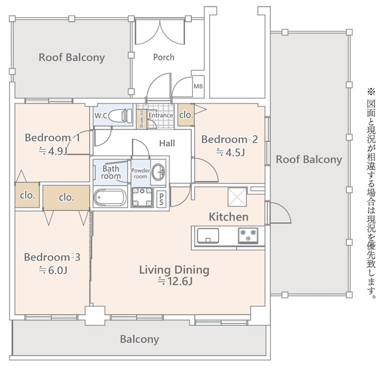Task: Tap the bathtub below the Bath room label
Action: [110, 197]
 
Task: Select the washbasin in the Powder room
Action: [158, 172]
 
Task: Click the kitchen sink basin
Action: [208, 235]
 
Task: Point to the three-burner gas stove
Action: [248, 235]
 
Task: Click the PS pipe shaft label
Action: [161, 199]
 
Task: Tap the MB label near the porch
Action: [198, 86]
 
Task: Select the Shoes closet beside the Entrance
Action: [141, 119]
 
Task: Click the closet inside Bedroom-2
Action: [186, 115]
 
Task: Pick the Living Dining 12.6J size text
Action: [175, 281]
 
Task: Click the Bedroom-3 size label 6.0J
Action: [53, 270]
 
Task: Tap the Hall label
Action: [167, 144]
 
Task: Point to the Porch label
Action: [164, 57]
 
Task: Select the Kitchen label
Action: [229, 217]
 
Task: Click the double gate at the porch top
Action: [160, 32]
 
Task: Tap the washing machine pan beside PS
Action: [142, 197]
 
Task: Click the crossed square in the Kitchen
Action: [237, 197]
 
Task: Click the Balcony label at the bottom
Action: [139, 339]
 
